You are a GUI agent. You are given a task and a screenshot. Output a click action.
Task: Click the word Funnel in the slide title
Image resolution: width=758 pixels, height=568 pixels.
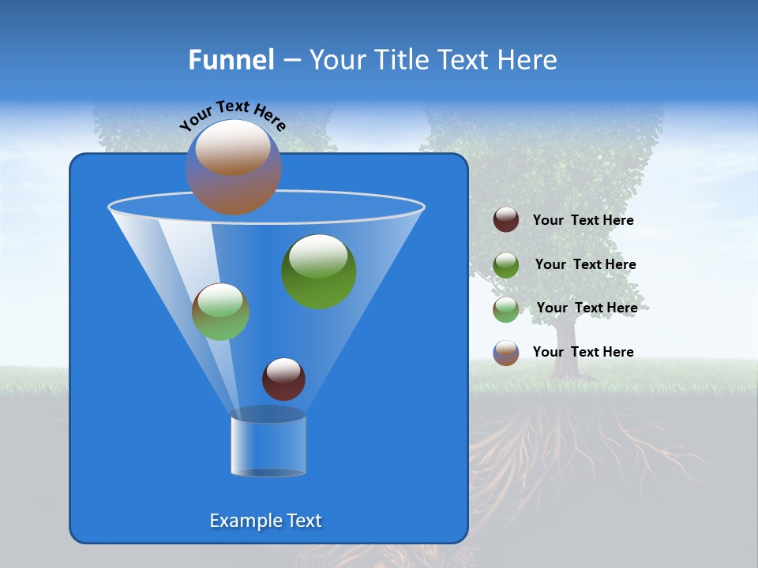tap(231, 60)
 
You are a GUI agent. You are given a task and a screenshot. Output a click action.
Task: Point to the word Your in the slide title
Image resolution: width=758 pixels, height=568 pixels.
tap(337, 60)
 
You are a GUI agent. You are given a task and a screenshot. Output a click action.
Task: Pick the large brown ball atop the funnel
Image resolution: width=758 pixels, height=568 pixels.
tap(233, 167)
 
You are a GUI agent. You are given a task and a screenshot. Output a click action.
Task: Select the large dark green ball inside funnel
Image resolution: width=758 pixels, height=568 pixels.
tap(318, 271)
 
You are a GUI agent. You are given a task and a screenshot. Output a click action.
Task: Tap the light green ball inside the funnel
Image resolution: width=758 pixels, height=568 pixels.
tap(220, 312)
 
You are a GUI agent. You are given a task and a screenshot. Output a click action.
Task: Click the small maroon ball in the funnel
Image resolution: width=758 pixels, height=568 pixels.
tap(283, 379)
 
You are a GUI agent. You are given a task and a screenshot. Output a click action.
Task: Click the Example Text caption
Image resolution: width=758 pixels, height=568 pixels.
tap(265, 521)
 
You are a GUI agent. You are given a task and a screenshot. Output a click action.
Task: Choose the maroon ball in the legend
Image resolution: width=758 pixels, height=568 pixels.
tap(506, 220)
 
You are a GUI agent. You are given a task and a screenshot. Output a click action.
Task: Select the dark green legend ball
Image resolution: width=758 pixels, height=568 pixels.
tap(506, 265)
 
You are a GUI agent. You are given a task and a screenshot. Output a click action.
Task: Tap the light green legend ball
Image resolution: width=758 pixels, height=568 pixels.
tap(506, 309)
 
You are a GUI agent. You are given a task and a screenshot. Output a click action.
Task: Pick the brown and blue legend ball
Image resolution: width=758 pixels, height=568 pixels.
tap(506, 353)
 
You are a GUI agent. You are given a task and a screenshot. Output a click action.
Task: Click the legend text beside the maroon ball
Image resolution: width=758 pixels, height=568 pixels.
tap(583, 221)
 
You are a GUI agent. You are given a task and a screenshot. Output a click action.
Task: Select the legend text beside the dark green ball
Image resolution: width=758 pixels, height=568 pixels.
tap(585, 265)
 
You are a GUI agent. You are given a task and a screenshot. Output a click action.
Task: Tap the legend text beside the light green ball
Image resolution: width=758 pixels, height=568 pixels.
tap(587, 308)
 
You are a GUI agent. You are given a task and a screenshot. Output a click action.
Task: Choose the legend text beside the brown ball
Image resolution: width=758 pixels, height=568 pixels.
tap(583, 352)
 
